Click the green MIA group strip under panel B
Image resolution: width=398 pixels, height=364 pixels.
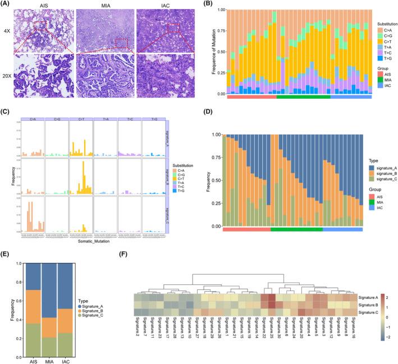point(304,98)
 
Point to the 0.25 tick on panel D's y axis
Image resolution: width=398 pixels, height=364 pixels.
point(214,196)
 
